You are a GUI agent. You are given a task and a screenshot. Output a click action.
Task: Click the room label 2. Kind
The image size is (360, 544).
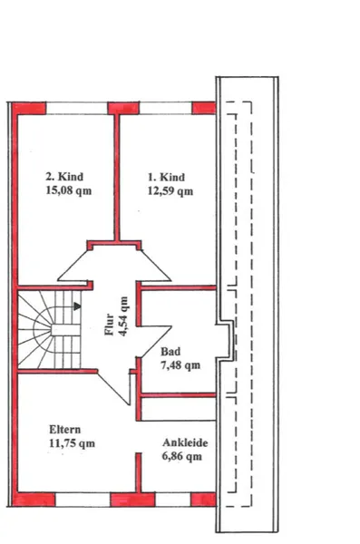click(64, 177)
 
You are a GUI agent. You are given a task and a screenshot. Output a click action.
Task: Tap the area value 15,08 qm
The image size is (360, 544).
click(69, 190)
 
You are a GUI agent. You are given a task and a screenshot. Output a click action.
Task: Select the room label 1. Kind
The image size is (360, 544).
click(166, 178)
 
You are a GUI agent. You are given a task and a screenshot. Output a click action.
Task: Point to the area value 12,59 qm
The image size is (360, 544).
click(170, 191)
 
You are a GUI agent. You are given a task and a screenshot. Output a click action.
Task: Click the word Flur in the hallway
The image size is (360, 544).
click(110, 325)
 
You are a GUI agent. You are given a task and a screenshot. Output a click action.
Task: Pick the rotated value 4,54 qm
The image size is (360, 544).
click(123, 316)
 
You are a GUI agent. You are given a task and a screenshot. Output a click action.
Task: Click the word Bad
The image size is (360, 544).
click(170, 352)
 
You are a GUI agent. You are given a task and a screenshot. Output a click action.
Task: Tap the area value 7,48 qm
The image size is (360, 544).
click(180, 365)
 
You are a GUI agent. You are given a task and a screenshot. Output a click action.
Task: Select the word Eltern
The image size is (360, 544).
click(65, 430)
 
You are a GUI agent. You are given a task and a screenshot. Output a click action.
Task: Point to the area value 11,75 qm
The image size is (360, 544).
click(72, 443)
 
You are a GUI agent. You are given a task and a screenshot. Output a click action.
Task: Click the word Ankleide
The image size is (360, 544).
click(185, 442)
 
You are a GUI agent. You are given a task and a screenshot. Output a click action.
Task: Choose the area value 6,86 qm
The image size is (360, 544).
click(182, 456)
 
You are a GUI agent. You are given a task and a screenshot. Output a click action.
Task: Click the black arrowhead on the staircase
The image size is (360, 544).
click(78, 306)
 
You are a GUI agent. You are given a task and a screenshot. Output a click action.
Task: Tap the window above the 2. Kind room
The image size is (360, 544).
click(77, 108)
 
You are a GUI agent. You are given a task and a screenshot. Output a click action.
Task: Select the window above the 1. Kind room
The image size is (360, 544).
click(166, 108)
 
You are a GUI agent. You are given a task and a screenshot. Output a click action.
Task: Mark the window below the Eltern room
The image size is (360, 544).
click(83, 500)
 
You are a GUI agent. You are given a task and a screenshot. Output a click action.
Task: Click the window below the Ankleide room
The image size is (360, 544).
click(173, 500)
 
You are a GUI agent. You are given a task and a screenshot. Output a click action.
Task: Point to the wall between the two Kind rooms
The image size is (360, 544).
click(117, 178)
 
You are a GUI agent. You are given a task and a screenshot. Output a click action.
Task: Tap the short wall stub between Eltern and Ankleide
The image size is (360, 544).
click(138, 472)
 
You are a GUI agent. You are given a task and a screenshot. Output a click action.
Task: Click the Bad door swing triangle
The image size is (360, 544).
click(155, 339)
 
